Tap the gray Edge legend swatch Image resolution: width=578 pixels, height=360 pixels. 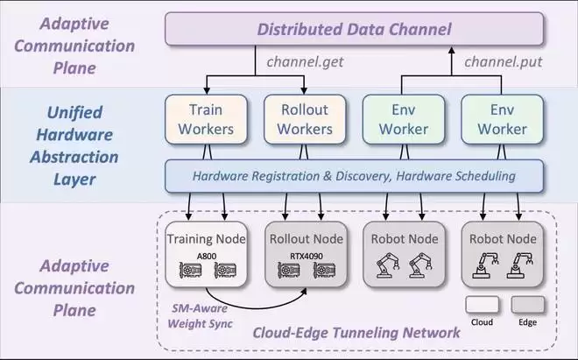pos(529,304)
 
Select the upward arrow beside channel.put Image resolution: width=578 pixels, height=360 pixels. pos(451,61)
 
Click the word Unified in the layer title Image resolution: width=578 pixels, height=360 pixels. pos(74,112)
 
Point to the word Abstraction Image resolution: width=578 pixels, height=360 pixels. pos(74,158)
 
